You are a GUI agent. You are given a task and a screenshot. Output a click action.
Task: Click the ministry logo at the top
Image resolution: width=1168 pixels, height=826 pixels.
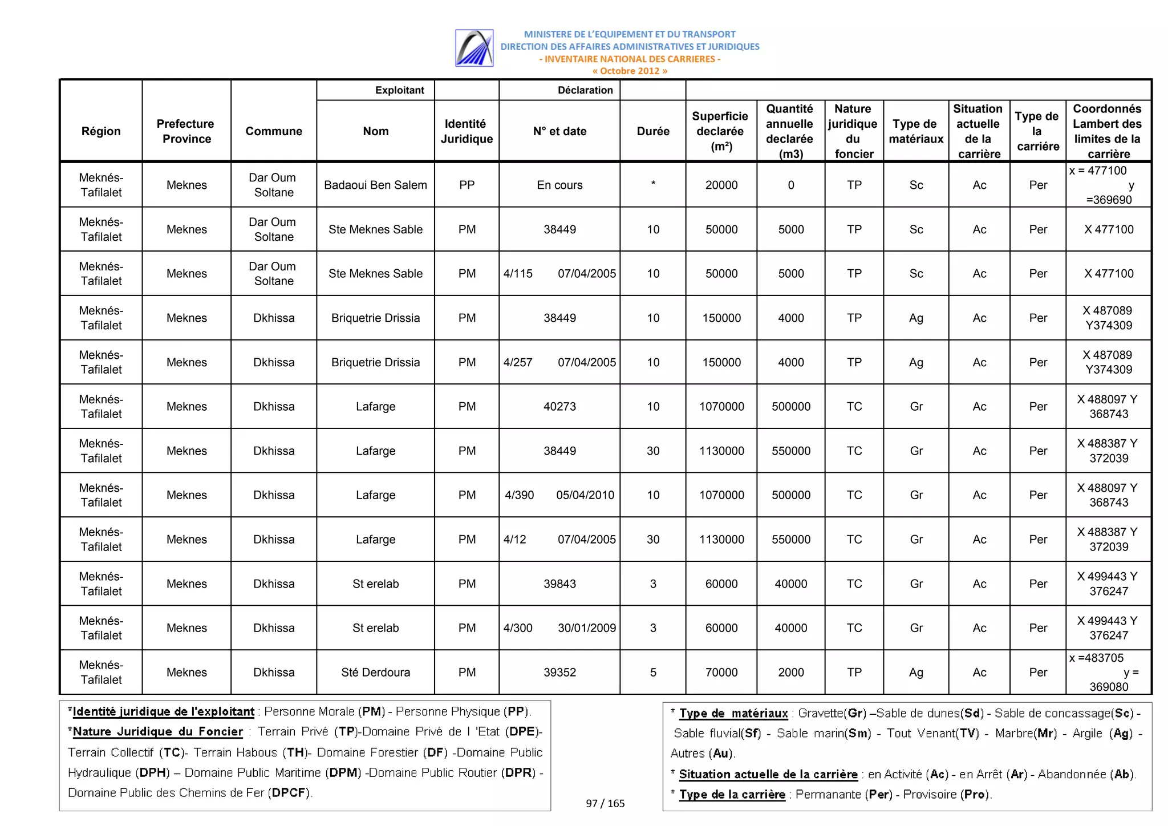pos(474,48)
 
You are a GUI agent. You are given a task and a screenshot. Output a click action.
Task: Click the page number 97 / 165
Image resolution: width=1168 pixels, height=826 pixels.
pos(605,803)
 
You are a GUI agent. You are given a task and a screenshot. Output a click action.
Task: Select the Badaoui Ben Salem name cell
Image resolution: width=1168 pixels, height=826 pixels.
pos(375,185)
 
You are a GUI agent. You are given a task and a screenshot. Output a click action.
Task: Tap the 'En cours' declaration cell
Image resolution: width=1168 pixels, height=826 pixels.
pos(559,185)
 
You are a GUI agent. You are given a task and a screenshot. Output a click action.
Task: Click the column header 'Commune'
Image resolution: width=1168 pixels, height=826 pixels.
pos(274,131)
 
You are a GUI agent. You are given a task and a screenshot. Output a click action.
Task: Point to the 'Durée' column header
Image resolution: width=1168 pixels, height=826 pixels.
pos(653,131)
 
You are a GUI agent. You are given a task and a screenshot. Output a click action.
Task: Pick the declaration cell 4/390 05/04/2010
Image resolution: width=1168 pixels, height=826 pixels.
pos(559,495)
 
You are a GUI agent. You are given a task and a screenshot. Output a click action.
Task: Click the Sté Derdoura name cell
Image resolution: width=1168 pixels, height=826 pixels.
pos(375,672)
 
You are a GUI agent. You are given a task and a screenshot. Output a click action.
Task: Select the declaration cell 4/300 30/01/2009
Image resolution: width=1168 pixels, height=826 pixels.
pos(559,628)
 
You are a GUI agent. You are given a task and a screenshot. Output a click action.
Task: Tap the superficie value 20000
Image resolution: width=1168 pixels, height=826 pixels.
pos(721,185)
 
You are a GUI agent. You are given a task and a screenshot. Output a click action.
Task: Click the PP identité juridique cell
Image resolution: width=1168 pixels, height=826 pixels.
pos(467,185)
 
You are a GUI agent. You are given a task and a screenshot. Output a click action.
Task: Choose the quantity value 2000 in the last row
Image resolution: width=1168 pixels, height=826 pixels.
pos(791,672)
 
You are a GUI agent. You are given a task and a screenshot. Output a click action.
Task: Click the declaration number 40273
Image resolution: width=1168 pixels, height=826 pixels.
pos(559,407)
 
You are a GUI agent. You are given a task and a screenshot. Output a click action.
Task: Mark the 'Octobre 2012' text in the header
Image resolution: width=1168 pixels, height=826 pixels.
pos(630,71)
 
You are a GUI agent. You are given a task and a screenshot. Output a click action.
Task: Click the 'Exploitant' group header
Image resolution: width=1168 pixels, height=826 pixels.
pos(399,90)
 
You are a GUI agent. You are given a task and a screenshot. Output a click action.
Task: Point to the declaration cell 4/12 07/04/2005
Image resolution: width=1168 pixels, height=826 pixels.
pos(559,540)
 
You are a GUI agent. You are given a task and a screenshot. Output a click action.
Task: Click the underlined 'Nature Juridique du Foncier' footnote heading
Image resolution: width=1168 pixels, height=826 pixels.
pos(158,732)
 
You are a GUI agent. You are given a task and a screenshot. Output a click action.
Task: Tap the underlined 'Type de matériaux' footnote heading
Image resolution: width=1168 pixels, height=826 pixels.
pos(733,713)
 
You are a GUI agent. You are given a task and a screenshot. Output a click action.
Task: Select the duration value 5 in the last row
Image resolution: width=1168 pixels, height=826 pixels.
pos(653,672)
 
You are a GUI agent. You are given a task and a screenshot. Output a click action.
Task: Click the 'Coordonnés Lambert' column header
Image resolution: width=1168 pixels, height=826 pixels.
pos(1108,131)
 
